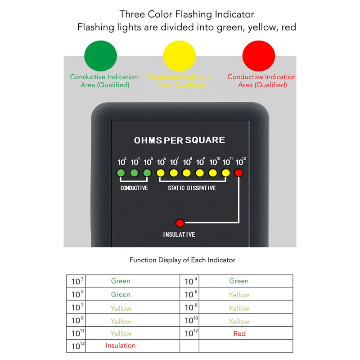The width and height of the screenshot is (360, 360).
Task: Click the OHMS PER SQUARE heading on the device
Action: [180, 140]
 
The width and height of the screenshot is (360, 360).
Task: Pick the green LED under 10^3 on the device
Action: [121, 173]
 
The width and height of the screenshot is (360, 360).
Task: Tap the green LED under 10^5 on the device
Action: [147, 173]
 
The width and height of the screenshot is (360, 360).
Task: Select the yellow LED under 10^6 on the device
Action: [160, 173]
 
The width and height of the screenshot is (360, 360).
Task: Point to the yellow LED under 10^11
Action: [226, 173]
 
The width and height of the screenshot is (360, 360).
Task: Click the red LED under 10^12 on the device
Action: [239, 173]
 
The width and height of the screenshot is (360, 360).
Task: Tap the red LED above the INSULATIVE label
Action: [180, 222]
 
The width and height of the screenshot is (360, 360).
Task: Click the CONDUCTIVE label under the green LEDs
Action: [134, 188]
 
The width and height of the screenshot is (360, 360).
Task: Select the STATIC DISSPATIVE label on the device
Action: [192, 188]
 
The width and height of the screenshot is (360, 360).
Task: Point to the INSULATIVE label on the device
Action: [179, 235]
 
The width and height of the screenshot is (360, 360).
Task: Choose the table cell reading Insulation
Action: [121, 346]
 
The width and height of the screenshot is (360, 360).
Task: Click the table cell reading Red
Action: [239, 333]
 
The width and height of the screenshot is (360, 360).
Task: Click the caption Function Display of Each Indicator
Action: [182, 260]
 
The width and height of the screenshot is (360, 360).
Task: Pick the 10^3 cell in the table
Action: [77, 282]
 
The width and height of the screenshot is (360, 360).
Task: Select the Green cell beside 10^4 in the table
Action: [239, 281]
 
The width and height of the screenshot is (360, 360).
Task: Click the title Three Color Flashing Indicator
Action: [187, 14]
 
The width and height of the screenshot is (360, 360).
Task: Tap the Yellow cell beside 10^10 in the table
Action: [239, 321]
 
